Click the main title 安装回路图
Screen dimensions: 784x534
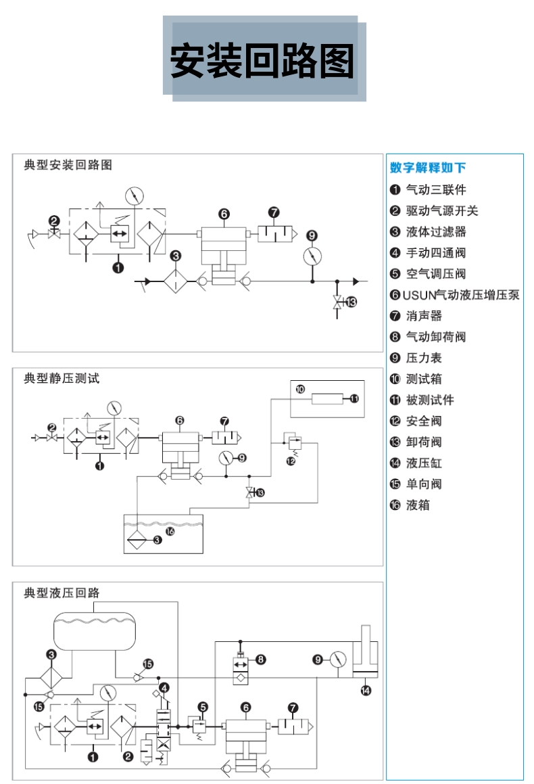coord(262,60)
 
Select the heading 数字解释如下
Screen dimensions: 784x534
coord(428,168)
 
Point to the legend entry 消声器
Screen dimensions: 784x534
coord(424,316)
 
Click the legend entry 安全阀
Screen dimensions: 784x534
coord(424,421)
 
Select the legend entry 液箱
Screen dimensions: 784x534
coord(418,505)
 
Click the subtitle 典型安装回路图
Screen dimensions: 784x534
coord(68,165)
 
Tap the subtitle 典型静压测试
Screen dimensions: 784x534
coord(62,379)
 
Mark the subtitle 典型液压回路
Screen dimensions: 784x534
coord(62,593)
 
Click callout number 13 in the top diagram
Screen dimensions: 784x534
coord(350,302)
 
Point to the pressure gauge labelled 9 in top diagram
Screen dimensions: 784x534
coord(312,256)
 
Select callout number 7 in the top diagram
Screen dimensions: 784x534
coord(274,212)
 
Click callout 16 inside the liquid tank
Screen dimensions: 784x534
coord(170,532)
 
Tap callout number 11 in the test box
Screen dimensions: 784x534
coord(355,399)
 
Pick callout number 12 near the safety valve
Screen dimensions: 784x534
coord(291,461)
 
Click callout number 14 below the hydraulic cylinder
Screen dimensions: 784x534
coord(366,691)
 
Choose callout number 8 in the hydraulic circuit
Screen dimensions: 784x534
coord(262,659)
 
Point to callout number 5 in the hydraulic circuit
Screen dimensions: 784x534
coord(203,707)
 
